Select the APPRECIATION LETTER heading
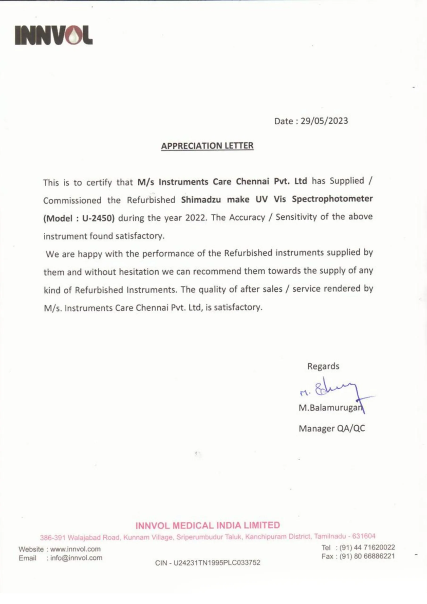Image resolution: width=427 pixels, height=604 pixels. [207, 146]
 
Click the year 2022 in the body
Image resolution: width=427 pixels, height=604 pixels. [195, 218]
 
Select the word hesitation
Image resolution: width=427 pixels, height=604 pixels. [138, 272]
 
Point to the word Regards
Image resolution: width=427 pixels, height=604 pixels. [323, 366]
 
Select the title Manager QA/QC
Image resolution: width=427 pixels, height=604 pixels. [332, 428]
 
